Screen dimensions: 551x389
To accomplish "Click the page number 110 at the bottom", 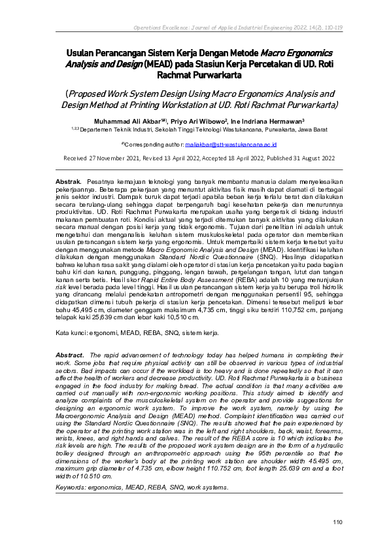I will pos(338,522).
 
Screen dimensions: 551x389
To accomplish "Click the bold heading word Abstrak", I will pos(68,179).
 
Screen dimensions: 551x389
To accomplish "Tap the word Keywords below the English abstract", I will pos(73,488).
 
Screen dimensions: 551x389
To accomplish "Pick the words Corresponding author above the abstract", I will pos(152,143).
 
